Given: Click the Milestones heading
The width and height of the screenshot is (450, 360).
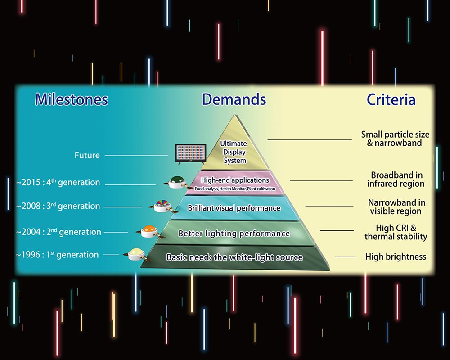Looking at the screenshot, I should pos(72,99).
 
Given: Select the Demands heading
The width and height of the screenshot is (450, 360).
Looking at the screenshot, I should pos(234,99).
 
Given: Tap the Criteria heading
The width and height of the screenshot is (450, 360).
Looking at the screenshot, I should pos(391,99).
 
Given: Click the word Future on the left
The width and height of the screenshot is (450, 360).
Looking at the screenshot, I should pos(87,155).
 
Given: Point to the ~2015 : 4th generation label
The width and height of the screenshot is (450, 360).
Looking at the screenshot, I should pos(58,183).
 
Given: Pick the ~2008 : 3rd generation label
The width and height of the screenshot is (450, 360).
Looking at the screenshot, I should pos(58,206).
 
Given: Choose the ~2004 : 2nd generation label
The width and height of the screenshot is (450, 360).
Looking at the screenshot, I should pos(58,232).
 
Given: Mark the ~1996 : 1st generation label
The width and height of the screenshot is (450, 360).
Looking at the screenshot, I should pos(57,255).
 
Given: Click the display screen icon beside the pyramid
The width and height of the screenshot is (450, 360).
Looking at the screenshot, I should pos(190,153).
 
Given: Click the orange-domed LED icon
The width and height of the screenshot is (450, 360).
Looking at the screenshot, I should pos(148,231).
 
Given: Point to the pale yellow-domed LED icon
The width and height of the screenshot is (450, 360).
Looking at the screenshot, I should pos(135,253).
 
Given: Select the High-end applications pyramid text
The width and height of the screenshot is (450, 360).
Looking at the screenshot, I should pos(235,180).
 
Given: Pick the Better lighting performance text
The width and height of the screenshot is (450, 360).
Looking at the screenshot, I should pos(234,234).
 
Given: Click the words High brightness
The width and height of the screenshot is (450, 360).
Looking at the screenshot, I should pos(396,257).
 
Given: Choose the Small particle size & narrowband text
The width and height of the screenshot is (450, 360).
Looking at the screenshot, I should pos(395,139).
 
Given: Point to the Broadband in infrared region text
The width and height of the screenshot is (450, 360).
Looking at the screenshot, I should pos(396,179).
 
